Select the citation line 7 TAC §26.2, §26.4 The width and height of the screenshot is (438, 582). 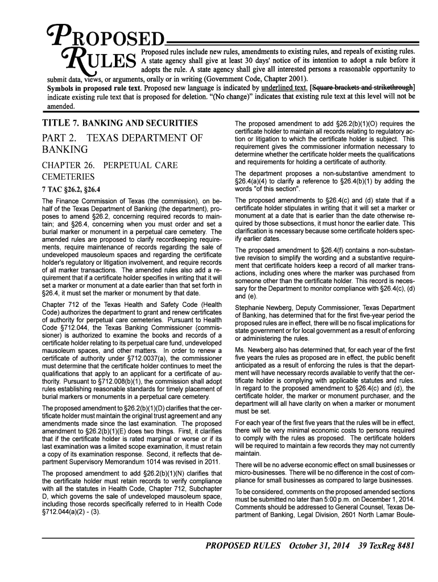[71, 189]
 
